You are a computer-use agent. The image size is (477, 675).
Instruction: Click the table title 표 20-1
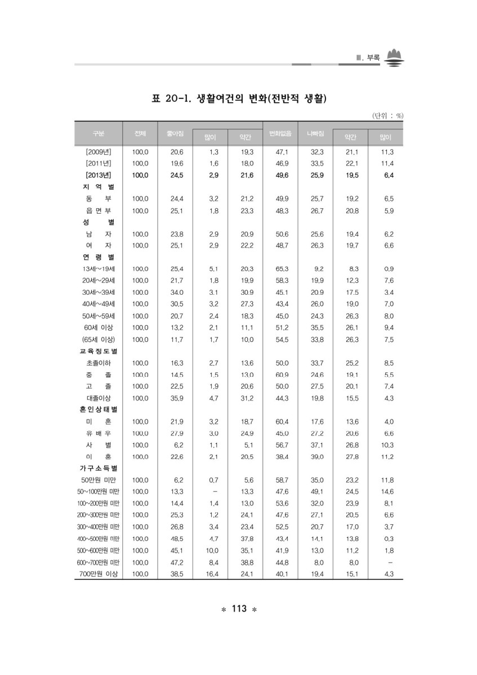[x=239, y=100]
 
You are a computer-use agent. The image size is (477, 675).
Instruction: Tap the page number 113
[x=239, y=609]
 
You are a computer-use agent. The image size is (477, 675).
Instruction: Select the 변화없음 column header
[x=280, y=133]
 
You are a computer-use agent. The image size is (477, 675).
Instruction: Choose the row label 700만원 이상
[x=99, y=574]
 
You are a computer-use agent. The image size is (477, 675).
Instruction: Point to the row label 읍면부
[x=99, y=210]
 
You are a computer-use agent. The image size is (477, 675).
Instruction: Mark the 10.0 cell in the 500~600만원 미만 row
[x=210, y=550]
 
